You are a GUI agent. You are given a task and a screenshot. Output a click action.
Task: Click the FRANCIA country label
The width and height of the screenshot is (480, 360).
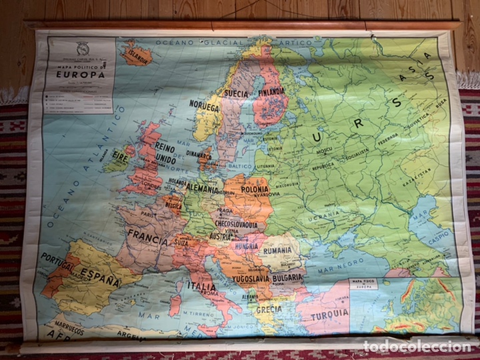[x=147, y=235]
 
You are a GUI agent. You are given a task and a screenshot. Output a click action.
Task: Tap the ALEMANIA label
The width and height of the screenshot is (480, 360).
[x=202, y=189]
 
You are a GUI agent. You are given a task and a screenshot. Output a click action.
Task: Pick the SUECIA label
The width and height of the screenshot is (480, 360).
[x=237, y=93]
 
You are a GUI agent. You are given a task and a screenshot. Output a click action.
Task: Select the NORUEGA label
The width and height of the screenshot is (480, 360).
[x=205, y=107]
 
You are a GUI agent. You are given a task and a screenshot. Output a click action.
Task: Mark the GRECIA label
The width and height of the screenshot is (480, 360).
[x=269, y=309]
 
